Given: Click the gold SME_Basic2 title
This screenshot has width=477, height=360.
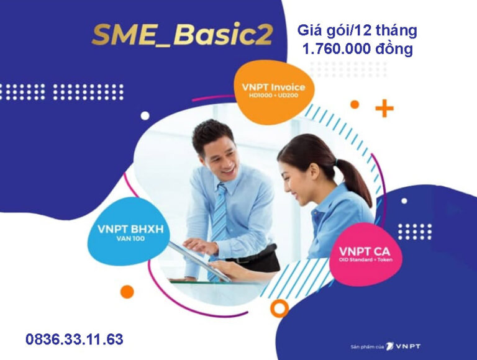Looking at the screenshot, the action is (182, 35).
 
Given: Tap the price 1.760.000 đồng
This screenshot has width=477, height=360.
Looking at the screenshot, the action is (358, 48).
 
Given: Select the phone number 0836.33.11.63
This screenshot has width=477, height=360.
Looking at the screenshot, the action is (75, 340).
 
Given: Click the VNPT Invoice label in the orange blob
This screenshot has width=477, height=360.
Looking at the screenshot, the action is (273, 88).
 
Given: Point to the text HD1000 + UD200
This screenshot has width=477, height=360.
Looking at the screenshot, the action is (274, 96).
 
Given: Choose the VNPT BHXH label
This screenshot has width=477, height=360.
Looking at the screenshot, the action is (130, 229).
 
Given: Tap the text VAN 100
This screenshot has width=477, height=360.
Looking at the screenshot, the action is (130, 239).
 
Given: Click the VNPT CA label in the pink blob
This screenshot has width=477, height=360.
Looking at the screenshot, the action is (365, 251).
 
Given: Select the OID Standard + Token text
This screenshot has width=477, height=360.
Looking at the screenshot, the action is (366, 259).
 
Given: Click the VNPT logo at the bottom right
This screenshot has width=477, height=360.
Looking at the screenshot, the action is (403, 346).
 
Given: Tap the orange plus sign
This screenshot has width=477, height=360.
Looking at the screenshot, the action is (384, 108).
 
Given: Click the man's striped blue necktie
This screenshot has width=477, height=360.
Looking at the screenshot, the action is (219, 225).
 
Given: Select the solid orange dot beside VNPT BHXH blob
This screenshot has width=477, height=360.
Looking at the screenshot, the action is (127, 292).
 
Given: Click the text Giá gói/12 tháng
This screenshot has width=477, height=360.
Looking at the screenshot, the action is (357, 30).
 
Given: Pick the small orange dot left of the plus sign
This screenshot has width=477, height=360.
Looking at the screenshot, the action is (355, 104).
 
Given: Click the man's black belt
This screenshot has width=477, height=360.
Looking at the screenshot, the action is (250, 258).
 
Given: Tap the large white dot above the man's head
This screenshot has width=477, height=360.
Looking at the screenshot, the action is (145, 115).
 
